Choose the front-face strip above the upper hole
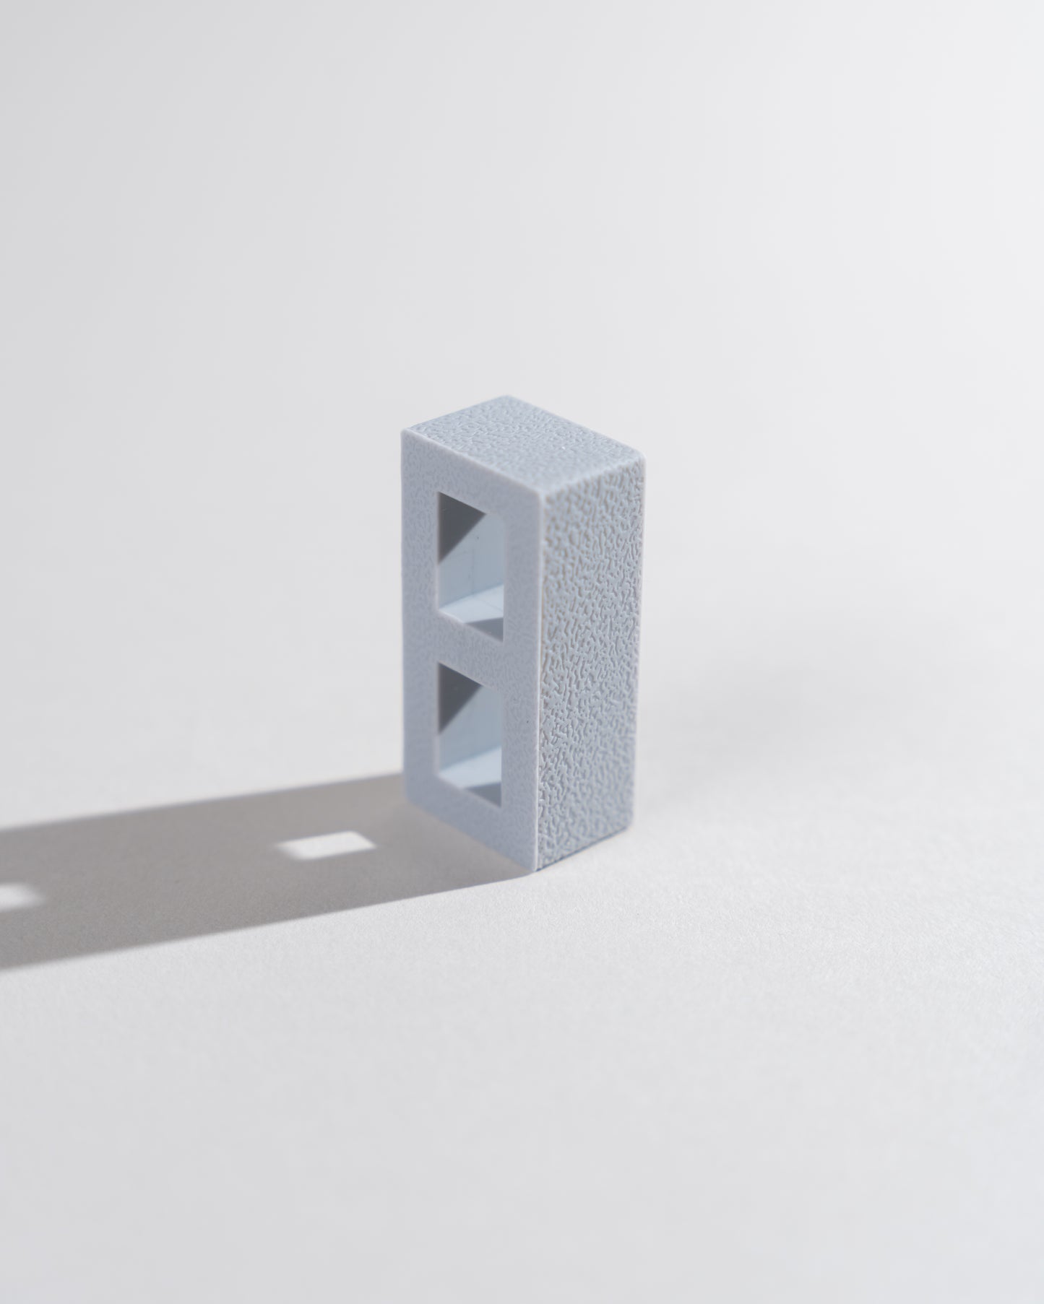pos(470,469)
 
